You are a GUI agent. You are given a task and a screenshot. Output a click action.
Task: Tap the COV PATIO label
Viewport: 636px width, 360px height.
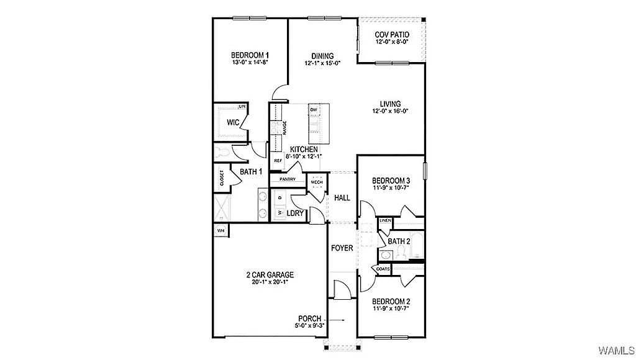coord(392,34)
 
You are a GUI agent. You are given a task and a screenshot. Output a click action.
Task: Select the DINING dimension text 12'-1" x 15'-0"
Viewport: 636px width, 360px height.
coord(322,63)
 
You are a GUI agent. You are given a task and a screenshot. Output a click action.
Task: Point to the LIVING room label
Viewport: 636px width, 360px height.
coord(391,104)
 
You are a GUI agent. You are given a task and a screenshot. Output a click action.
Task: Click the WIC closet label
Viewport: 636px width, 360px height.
coord(233,122)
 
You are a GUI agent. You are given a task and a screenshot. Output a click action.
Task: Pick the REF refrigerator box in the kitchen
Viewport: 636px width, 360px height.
coord(278,160)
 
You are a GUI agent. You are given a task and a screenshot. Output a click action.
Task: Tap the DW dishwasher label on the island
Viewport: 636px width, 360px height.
coord(314,110)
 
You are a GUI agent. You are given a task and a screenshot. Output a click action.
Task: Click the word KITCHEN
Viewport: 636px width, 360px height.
coord(304,150)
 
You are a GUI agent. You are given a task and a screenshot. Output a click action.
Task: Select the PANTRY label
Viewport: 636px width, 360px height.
coord(287,179)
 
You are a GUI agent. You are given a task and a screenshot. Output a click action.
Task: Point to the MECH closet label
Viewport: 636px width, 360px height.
coord(316,182)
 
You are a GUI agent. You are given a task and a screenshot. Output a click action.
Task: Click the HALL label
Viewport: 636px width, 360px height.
coord(342,198)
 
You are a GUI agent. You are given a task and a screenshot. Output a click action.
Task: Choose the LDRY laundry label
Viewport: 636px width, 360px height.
coord(295,214)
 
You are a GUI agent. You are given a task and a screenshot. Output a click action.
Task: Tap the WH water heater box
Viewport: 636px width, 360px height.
coord(220,230)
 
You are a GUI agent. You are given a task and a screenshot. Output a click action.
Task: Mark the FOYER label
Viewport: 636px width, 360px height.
coord(342,248)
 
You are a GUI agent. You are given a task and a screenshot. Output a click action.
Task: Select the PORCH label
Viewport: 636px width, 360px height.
coord(310,318)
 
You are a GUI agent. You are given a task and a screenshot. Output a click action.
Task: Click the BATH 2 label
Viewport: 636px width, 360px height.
coord(399,241)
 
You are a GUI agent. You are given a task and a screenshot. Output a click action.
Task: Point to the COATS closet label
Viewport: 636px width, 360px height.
coord(383,269)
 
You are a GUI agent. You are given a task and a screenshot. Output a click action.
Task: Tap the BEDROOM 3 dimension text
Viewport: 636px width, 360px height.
coord(391,189)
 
